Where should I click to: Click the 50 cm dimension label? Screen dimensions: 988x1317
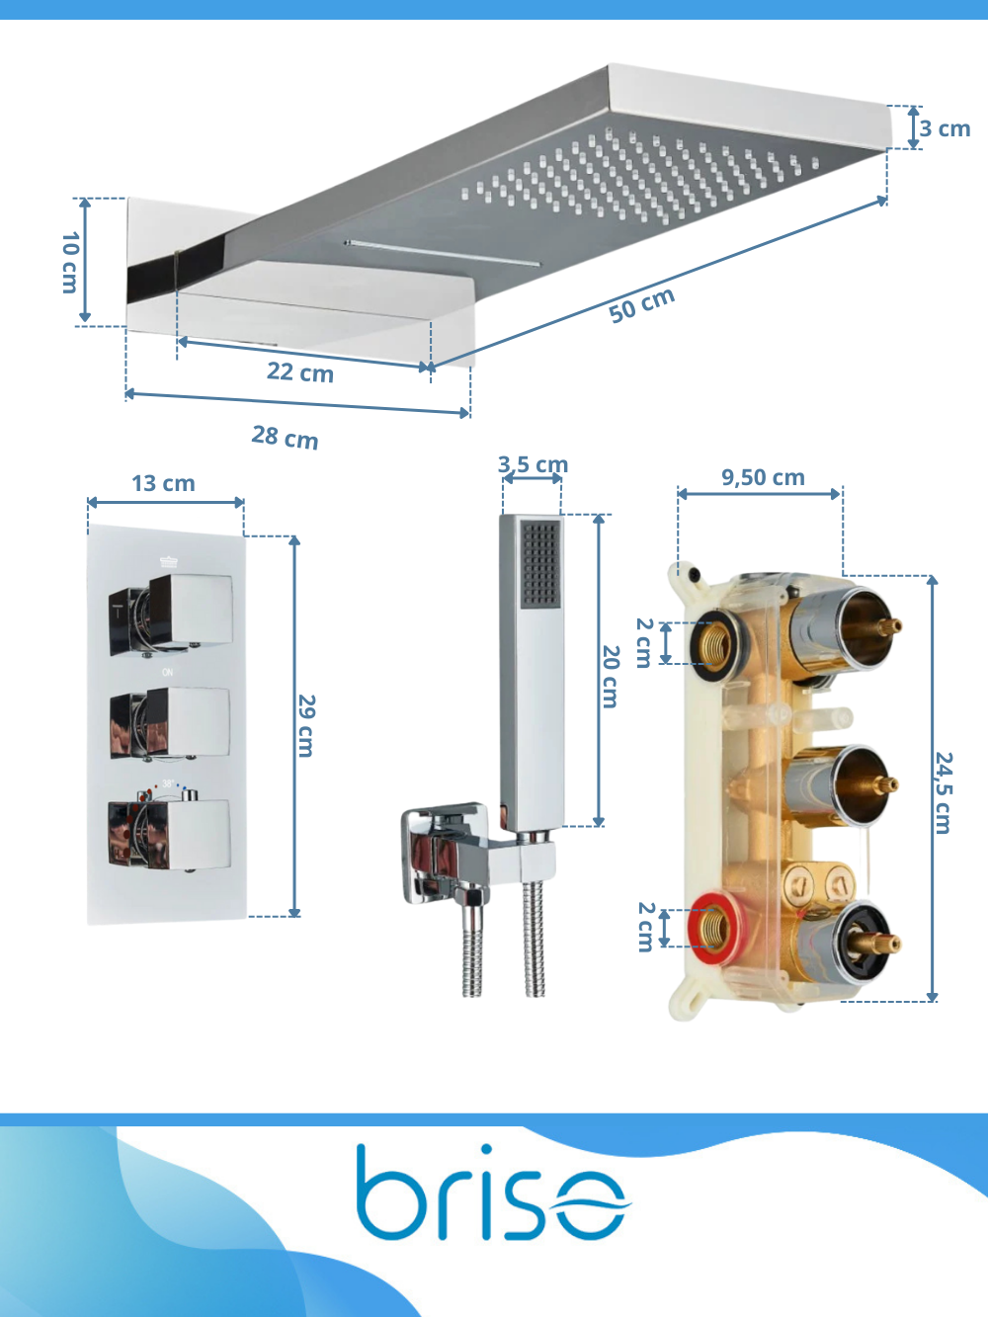(x=641, y=305)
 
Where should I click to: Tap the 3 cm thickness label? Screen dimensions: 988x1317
(x=946, y=128)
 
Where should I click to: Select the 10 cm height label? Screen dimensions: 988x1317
(x=69, y=262)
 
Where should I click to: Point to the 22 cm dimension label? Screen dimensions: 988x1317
(x=300, y=372)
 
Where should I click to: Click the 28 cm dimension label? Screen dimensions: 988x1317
(x=285, y=437)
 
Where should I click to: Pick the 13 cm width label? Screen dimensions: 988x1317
(x=163, y=483)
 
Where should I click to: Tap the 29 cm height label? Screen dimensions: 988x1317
(x=306, y=726)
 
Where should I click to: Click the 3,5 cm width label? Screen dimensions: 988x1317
(x=533, y=463)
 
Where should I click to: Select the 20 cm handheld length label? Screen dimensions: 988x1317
(x=610, y=676)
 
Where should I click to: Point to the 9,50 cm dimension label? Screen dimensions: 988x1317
(x=763, y=477)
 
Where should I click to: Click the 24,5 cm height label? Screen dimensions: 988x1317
(x=944, y=792)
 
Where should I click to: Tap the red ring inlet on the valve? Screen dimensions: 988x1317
(x=715, y=929)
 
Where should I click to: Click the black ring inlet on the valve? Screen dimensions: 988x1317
(x=717, y=644)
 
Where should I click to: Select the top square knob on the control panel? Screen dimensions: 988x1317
(x=170, y=615)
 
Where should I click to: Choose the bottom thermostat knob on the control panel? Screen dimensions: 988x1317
(x=169, y=833)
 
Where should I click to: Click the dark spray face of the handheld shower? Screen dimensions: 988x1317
(x=540, y=564)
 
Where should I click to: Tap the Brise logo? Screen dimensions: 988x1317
(x=492, y=1195)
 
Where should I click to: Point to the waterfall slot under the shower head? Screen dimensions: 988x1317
(x=442, y=253)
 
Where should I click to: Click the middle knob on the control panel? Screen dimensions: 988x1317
(x=170, y=723)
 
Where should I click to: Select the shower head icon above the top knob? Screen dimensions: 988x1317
(x=169, y=561)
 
